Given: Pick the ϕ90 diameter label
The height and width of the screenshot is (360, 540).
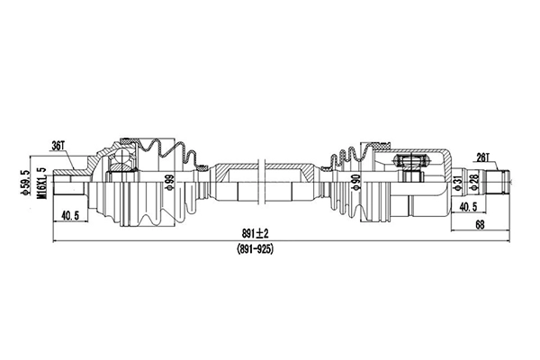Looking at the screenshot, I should click(355, 183).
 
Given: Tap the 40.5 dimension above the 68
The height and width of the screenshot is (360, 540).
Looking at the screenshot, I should click(468, 208).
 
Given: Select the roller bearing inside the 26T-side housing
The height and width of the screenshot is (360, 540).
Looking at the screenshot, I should click(409, 163).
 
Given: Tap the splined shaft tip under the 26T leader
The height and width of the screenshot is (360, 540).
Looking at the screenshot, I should click(495, 182).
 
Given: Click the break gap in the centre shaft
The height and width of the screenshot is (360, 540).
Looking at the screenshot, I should click(260, 183).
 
